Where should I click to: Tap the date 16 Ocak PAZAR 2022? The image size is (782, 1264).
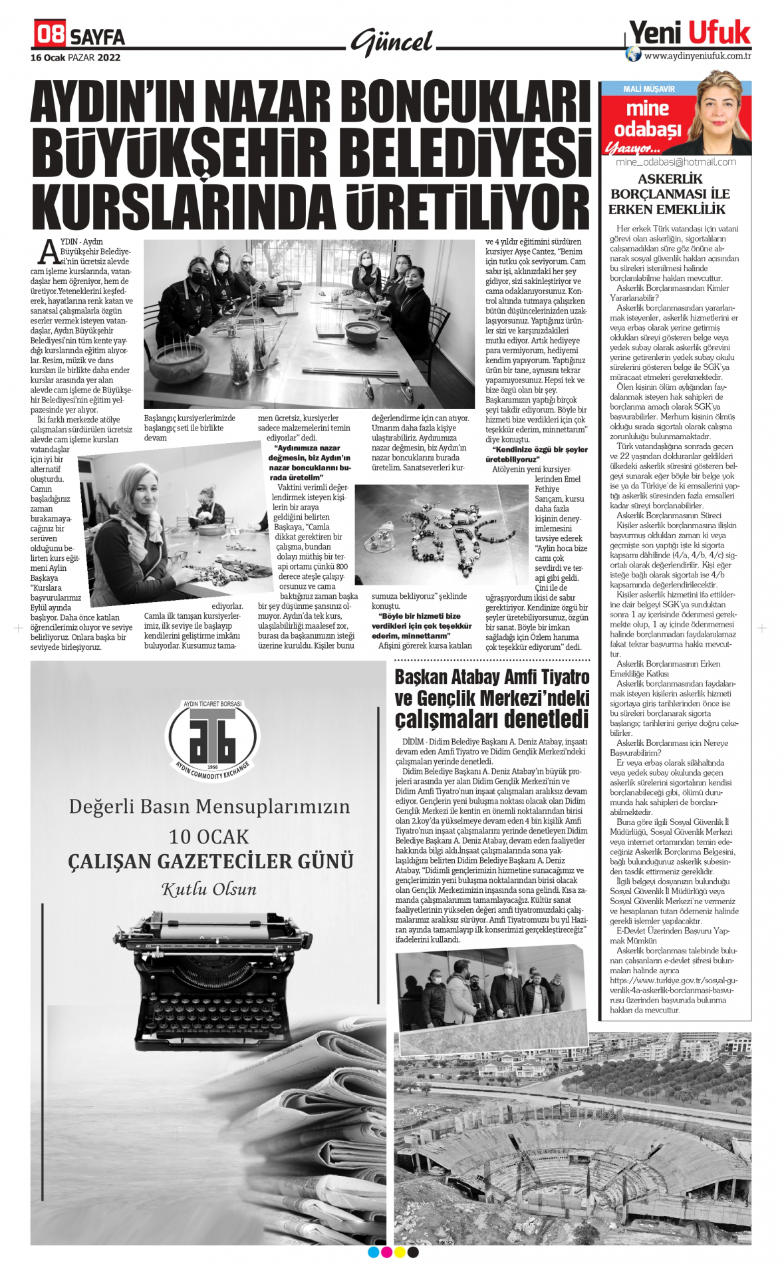tap(75, 58)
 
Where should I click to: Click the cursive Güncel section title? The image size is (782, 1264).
tap(392, 43)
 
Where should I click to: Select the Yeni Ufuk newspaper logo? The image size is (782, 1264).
tap(690, 32)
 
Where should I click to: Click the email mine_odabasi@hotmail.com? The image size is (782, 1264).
tap(676, 162)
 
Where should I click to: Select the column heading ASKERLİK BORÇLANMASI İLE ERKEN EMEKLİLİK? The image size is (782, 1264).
tap(670, 194)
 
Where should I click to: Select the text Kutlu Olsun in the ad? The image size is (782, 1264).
tap(209, 889)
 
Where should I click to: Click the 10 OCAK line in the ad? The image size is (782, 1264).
tap(209, 836)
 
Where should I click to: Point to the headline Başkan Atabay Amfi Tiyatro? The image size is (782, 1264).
tap(491, 677)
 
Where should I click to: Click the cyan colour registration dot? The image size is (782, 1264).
tap(373, 1252)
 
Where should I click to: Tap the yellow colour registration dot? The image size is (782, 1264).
tap(400, 1252)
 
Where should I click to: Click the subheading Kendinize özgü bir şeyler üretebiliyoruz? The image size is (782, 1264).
tap(537, 454)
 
